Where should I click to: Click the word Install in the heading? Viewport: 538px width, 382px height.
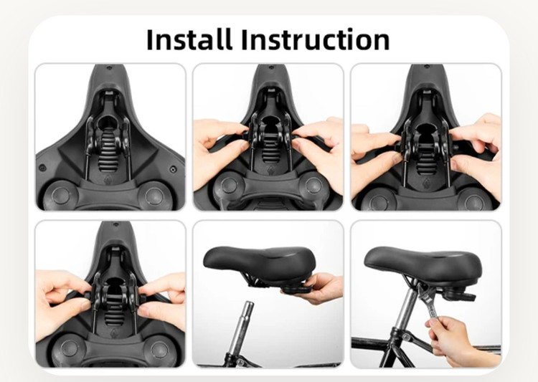coord(189,39)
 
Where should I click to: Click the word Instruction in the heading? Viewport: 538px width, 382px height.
coord(316,39)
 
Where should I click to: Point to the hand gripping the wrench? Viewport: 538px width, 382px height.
coord(456,340)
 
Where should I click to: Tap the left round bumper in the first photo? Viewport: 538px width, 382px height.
coord(61,196)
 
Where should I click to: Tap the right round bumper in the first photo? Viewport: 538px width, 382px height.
coord(154,196)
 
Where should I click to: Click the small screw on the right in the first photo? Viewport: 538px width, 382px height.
coord(174,169)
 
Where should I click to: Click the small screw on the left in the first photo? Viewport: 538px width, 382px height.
coord(42,168)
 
